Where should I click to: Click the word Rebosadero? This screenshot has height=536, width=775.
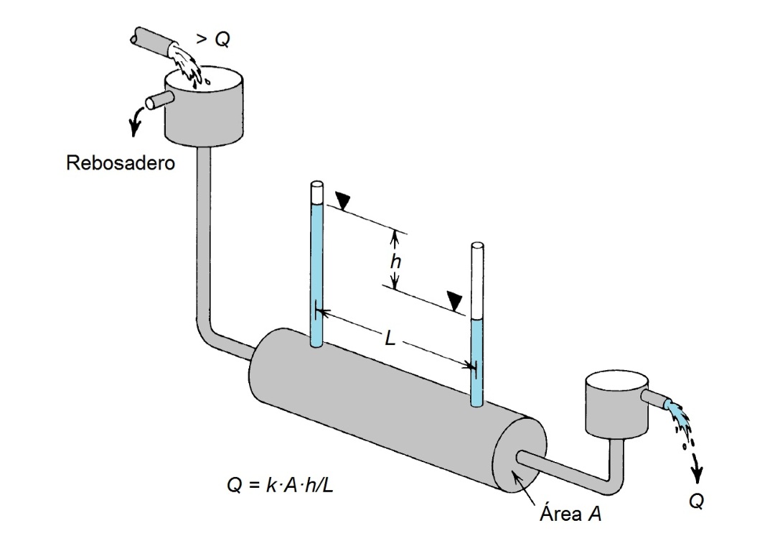tap(121, 163)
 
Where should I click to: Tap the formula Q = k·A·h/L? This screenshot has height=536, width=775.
tap(281, 485)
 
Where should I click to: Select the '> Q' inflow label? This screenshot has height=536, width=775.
tap(213, 39)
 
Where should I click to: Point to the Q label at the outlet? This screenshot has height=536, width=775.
tap(696, 502)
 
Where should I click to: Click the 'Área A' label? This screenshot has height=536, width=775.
tap(571, 513)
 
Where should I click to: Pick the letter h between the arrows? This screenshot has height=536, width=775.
tap(395, 261)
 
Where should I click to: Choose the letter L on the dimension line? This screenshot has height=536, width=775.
tap(390, 339)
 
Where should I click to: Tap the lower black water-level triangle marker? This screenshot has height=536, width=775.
tap(455, 301)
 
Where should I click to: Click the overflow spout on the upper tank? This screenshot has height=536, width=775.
tap(158, 101)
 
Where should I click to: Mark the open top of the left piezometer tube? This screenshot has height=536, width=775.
tap(317, 186)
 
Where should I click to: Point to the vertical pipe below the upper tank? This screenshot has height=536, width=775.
tap(204, 238)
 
